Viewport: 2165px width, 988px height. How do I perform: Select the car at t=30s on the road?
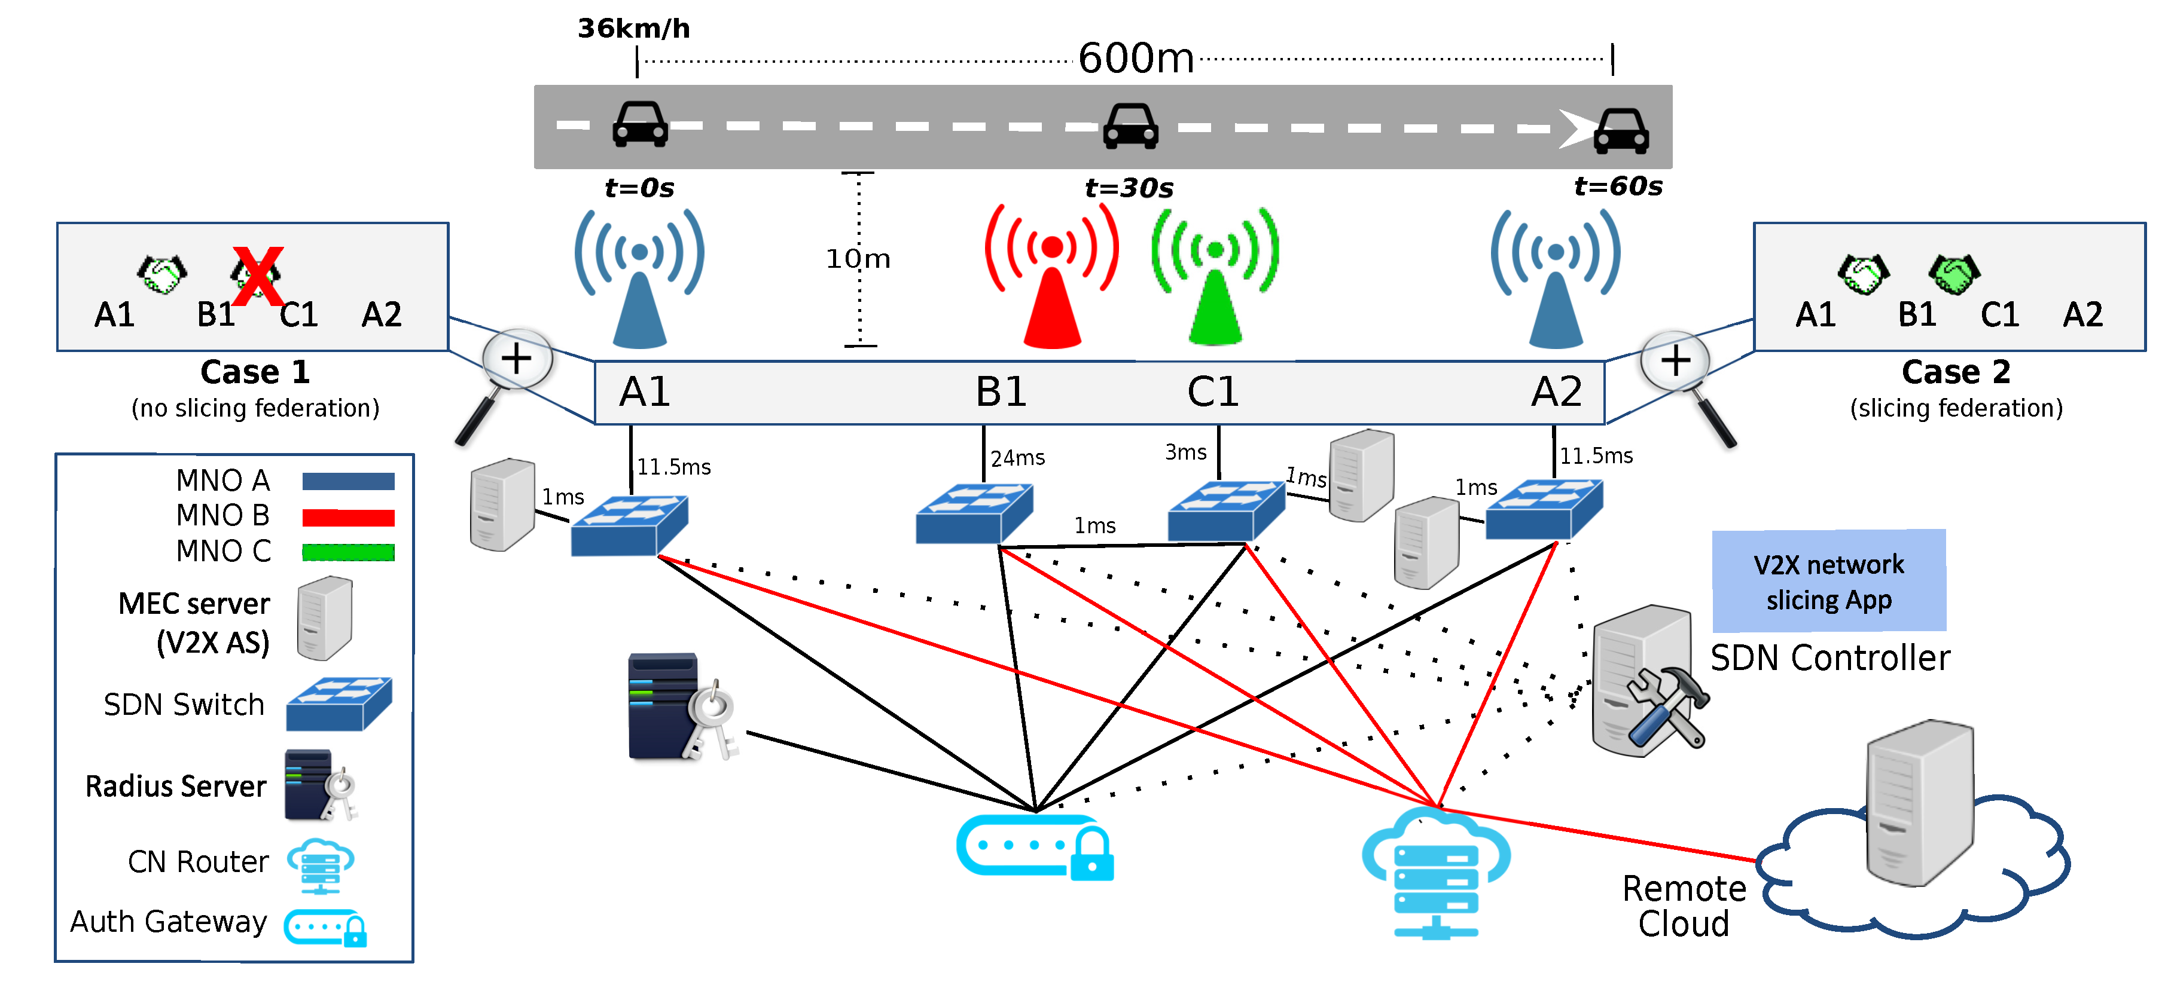pos(1130,126)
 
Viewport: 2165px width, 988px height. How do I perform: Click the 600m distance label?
pos(1136,59)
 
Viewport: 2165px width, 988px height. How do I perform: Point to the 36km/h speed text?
pos(634,29)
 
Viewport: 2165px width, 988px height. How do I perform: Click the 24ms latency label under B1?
pos(1017,458)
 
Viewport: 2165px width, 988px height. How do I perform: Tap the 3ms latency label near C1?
pos(1185,453)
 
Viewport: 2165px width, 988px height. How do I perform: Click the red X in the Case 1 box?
pos(258,276)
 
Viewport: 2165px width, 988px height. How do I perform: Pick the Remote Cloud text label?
pos(1684,906)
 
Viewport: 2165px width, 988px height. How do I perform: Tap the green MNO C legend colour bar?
pos(348,552)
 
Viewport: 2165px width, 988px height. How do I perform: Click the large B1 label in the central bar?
pos(1000,391)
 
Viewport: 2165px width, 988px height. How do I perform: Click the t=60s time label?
pos(1618,186)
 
